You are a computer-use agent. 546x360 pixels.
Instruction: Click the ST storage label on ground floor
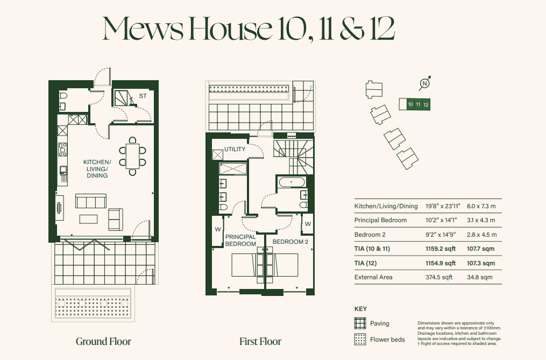coord(143,96)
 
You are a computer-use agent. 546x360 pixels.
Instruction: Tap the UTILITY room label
coord(235,149)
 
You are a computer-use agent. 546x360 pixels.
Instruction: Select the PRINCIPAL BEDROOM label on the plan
coord(240,240)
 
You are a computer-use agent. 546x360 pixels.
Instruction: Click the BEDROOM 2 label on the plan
coord(290,242)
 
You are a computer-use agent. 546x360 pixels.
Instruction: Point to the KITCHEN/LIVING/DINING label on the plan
coord(97,168)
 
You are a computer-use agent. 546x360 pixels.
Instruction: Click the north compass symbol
coord(425,83)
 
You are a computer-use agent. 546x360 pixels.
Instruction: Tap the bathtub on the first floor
coord(291,182)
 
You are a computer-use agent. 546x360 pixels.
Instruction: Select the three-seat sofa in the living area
coord(90,201)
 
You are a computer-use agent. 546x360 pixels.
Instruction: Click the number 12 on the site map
coord(426,104)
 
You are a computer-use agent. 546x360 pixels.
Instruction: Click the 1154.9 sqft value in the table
coord(440,263)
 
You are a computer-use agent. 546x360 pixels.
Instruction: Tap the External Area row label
coord(373,277)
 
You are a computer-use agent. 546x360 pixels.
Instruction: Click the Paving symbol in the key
coord(360,323)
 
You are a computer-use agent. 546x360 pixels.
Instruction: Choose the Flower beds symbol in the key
coord(360,340)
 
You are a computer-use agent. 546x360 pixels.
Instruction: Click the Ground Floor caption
coord(103,341)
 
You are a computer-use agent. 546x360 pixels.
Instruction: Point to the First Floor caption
coord(260,341)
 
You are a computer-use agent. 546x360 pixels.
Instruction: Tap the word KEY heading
coord(360,309)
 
